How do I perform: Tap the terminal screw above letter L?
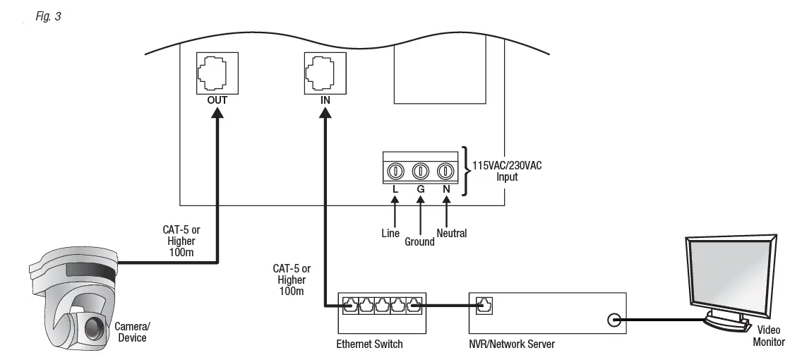[395, 170]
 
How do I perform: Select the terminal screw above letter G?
[421, 170]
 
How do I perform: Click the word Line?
[390, 233]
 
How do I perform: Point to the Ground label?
[421, 241]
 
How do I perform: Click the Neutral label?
[451, 233]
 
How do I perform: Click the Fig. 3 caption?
[48, 16]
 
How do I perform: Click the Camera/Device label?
[132, 332]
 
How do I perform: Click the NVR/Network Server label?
[513, 344]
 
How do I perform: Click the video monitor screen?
[727, 275]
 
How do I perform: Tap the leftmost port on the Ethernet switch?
[350, 306]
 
